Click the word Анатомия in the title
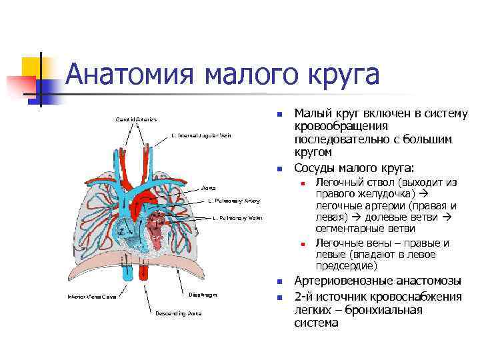pos(133,75)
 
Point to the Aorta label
pos(209,189)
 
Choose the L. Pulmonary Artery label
pos(233,201)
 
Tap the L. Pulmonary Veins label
pos(237,218)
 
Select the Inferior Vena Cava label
pos(93,297)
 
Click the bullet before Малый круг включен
pos(281,114)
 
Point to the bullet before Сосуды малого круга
pos(281,168)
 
